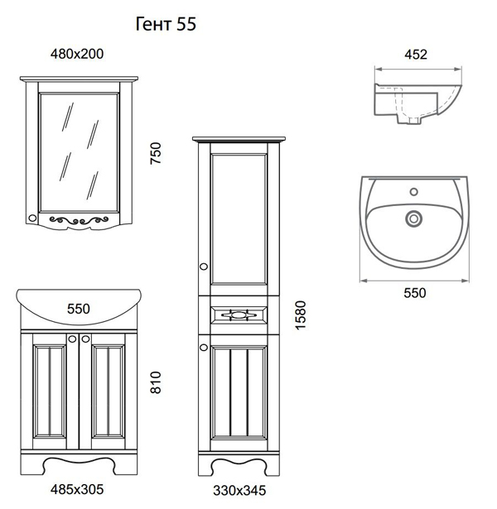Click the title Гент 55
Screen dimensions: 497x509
(x=166, y=24)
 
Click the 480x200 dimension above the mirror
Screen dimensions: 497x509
(x=77, y=54)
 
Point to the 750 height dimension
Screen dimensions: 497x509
(x=156, y=153)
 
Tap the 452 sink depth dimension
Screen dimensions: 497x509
(x=416, y=55)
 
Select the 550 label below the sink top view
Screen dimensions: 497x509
(x=415, y=293)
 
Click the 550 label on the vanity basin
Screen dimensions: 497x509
(x=79, y=309)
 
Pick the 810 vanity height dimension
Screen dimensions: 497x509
(x=156, y=382)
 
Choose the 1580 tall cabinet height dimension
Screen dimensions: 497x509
(x=301, y=315)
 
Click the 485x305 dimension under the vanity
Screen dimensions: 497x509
(x=77, y=489)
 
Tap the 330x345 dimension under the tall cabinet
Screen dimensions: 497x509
(x=239, y=491)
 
